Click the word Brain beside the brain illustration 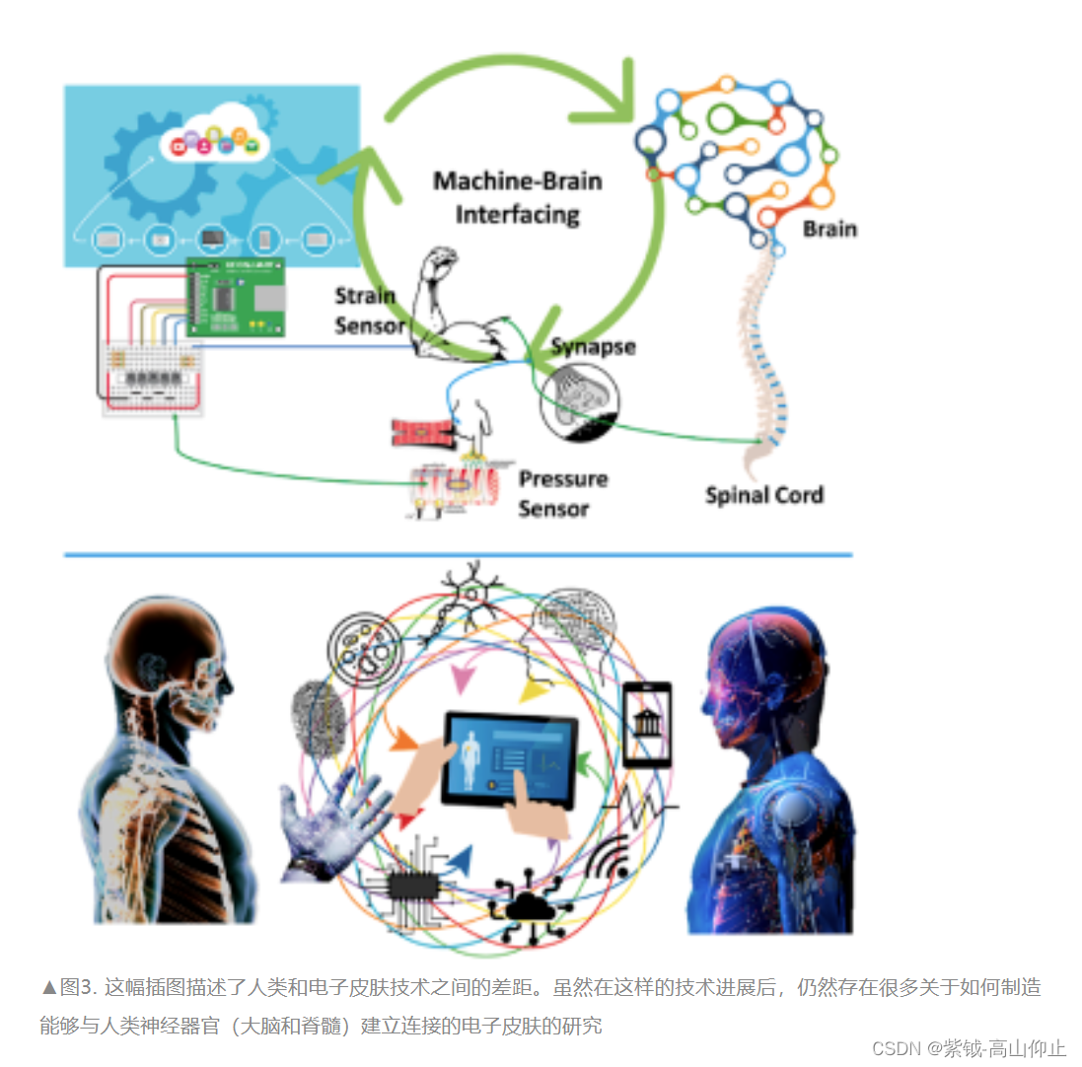pyautogui.click(x=829, y=229)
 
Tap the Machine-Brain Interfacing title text pyautogui.click(x=517, y=197)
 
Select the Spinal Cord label pyautogui.click(x=763, y=494)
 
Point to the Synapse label pyautogui.click(x=592, y=347)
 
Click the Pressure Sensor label pyautogui.click(x=562, y=494)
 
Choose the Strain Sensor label pyautogui.click(x=367, y=311)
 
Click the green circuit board pyautogui.click(x=236, y=297)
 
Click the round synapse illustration pyautogui.click(x=580, y=399)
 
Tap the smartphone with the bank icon pyautogui.click(x=648, y=725)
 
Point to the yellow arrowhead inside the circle pyautogui.click(x=534, y=690)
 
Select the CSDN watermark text pyautogui.click(x=969, y=1048)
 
